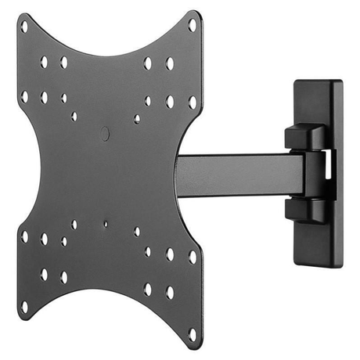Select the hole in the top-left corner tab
tap(24, 26)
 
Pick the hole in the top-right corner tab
tap(193, 24)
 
